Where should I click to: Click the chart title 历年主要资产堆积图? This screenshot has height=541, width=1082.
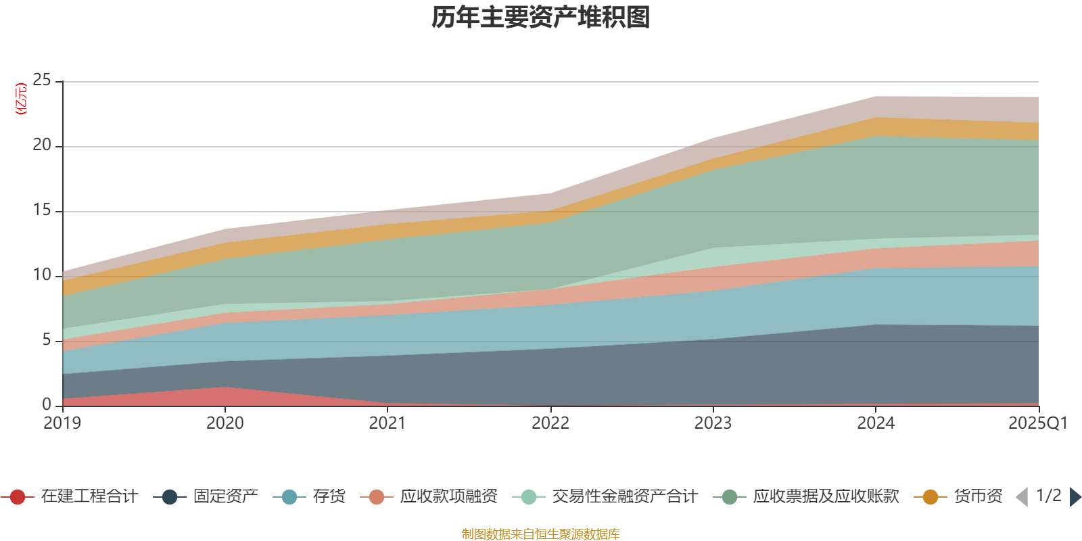[x=541, y=18]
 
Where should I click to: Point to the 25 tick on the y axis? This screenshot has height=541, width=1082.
[x=42, y=80]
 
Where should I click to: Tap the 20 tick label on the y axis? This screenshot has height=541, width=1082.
[x=42, y=145]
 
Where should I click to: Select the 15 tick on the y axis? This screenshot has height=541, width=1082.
[x=42, y=210]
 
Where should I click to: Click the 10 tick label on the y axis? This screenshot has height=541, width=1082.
[x=42, y=275]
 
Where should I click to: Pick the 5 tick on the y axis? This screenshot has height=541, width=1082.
[x=46, y=340]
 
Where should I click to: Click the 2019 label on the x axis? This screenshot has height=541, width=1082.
[x=62, y=423]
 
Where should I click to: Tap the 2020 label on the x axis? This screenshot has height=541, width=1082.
[x=225, y=423]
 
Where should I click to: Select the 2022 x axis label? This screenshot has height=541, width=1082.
[x=550, y=423]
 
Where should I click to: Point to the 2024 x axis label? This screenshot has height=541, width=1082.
[x=876, y=423]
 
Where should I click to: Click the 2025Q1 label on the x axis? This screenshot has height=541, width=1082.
[x=1037, y=423]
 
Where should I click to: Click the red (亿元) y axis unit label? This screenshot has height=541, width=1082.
[x=21, y=99]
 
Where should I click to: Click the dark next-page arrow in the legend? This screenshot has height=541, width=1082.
[x=1075, y=497]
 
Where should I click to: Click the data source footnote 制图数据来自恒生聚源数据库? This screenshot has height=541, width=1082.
[x=541, y=534]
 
